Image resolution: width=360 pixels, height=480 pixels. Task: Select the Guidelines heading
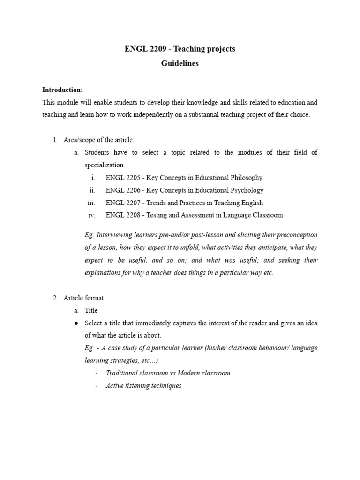pos(180,64)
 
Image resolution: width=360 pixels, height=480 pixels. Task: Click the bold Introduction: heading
pos(62,90)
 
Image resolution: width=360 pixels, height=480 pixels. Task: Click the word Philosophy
pos(246,178)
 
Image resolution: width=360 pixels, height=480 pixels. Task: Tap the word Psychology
pos(246,190)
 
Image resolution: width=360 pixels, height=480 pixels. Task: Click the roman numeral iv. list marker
pos(92,215)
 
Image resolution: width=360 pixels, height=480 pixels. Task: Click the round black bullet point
pos(76,323)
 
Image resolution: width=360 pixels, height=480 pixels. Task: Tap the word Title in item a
pos(91,310)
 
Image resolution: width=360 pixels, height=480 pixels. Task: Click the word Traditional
pos(122,373)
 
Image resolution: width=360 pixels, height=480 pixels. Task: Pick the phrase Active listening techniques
pos(143,386)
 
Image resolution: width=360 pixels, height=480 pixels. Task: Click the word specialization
pos(104,165)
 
